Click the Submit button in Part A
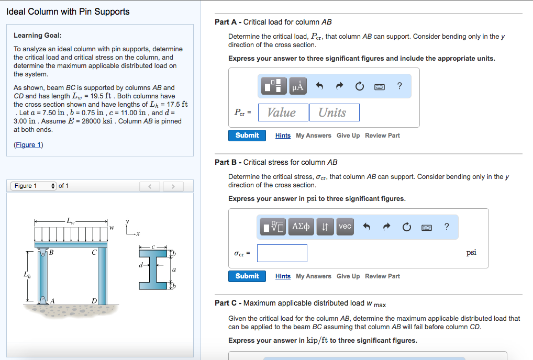coord(247,136)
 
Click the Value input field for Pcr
coord(281,113)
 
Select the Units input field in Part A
coord(332,113)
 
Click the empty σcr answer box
coord(282,253)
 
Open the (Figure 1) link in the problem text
coord(28,145)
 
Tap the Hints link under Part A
coord(283,136)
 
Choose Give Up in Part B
coord(348,276)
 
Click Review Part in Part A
coord(382,136)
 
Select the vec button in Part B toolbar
coord(345,226)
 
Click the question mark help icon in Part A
coord(400,86)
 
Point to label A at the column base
coord(52,300)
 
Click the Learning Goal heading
coord(37,36)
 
